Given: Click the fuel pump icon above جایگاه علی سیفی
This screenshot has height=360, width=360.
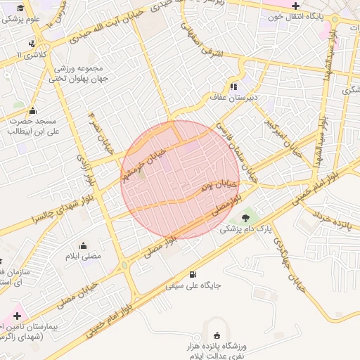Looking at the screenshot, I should coord(193,274).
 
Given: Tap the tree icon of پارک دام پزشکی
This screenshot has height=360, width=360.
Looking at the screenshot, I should coord(245,217).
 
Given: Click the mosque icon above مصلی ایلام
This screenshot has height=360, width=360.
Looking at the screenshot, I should coord(84,245).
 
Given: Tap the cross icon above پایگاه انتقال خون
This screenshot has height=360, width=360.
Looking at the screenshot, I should coord(296,6).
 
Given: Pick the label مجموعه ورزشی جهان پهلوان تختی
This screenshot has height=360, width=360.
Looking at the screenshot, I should coord(78,73).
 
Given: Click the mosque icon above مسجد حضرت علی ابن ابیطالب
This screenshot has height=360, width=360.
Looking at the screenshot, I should coord(32,110).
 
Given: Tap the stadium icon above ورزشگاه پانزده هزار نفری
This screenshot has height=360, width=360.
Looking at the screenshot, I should coord(216,335).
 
